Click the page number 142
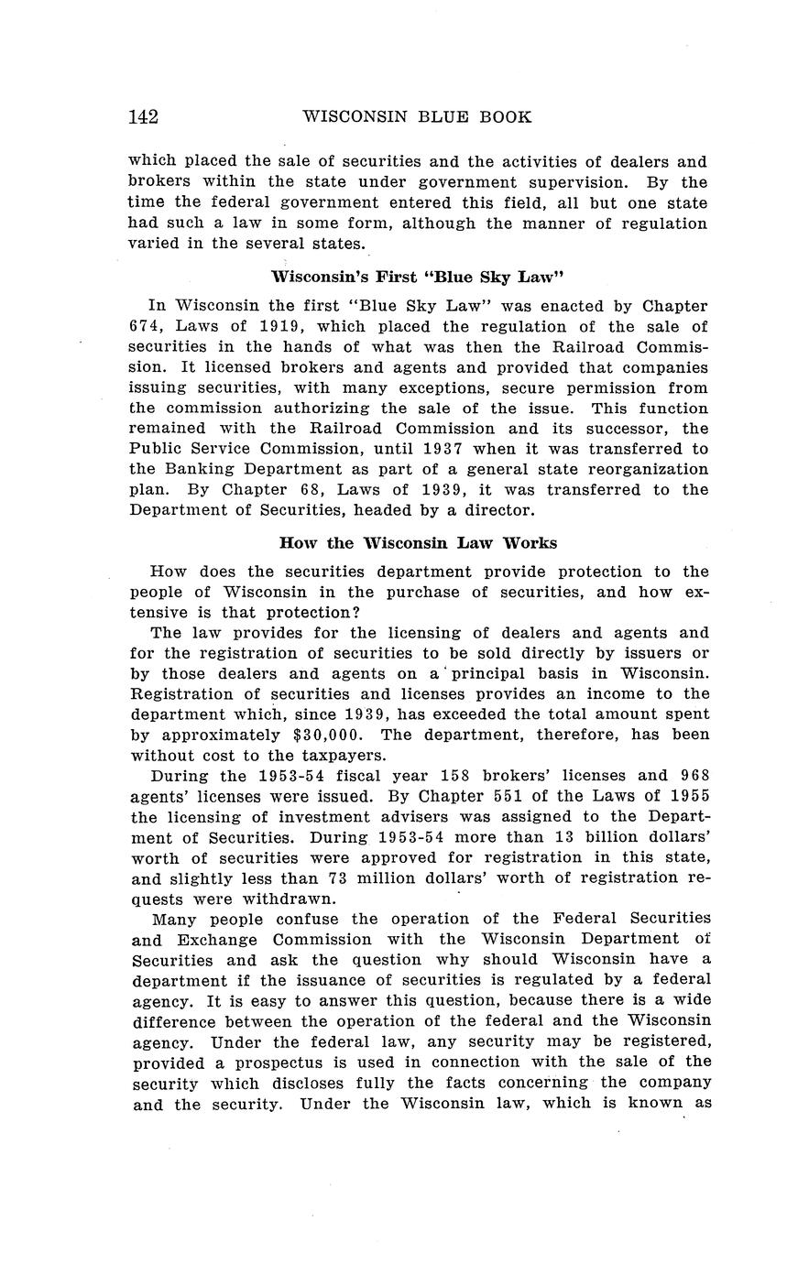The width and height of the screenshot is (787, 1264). [x=143, y=117]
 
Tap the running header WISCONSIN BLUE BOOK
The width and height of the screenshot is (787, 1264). [x=417, y=117]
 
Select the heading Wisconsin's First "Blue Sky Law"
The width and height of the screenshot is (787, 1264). [x=417, y=277]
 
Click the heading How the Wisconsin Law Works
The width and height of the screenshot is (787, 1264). [x=417, y=542]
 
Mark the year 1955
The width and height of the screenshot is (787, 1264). [x=689, y=796]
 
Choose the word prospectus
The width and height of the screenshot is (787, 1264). [x=275, y=1062]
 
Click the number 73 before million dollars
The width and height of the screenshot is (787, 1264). [x=340, y=878]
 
